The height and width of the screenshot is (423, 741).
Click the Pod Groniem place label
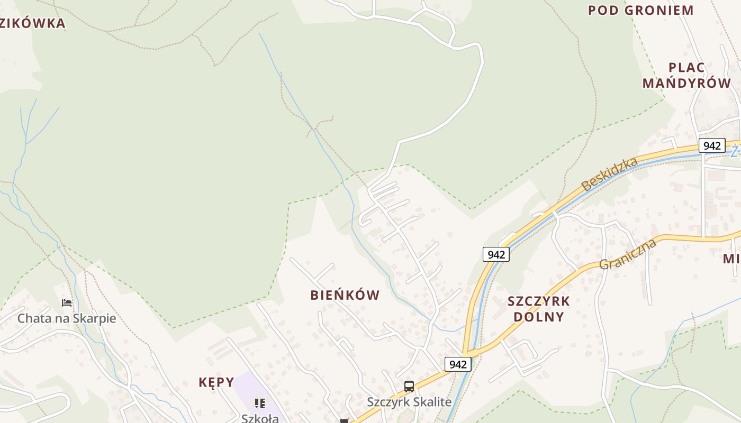(x=640, y=11)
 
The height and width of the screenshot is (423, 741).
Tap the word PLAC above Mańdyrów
(x=686, y=68)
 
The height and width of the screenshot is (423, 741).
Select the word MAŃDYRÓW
(x=686, y=83)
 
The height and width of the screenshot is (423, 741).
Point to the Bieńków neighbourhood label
(x=345, y=295)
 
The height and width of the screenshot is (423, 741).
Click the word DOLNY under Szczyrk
(x=538, y=317)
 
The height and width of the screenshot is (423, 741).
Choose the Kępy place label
(x=216, y=382)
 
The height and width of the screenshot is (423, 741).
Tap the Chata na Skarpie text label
(x=67, y=318)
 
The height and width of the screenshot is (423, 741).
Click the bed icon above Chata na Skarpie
(x=67, y=303)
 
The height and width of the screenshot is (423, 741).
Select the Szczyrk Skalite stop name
(x=409, y=402)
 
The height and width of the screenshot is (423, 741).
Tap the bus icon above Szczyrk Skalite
(x=409, y=387)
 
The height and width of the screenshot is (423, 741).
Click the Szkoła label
(x=260, y=418)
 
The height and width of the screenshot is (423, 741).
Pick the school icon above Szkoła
(x=260, y=403)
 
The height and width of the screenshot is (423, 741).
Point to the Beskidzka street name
(x=609, y=174)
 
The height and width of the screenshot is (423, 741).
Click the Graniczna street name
(x=628, y=254)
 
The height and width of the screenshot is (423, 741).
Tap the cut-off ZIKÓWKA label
(x=33, y=23)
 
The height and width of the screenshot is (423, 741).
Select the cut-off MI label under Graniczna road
(x=731, y=259)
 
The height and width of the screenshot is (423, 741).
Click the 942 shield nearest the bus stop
(x=458, y=364)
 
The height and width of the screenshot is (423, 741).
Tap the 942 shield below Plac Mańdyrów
(x=711, y=145)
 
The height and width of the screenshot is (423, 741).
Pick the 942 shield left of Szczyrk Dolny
(x=496, y=254)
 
